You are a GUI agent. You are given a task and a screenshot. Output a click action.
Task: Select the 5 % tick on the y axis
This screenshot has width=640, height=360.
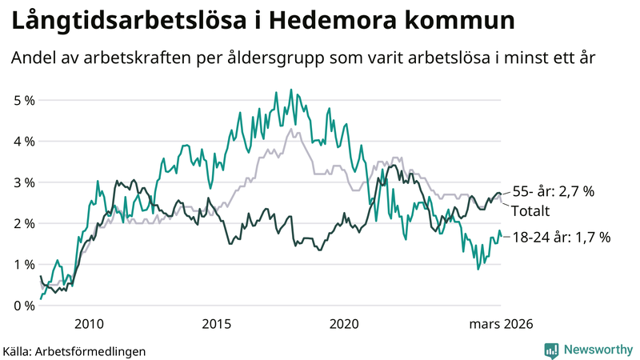coord(23,100)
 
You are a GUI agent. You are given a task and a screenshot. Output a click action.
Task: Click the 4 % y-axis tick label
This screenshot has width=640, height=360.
coord(23,141)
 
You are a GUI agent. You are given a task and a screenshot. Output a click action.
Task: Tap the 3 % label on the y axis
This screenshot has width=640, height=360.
coord(23,182)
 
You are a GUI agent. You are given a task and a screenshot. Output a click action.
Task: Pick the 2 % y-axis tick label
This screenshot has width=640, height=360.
coord(23,223)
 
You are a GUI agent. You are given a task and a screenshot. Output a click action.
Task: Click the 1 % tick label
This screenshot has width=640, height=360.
coord(23,264)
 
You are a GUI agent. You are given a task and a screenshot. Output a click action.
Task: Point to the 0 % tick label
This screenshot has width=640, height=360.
coord(23,306)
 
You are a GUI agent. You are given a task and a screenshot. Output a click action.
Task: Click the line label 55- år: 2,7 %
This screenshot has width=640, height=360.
coord(554,192)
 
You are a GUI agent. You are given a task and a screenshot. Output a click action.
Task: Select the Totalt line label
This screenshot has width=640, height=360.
coord(532,211)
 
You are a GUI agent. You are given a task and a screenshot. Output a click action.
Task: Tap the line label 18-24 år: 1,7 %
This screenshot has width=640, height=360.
coord(562,237)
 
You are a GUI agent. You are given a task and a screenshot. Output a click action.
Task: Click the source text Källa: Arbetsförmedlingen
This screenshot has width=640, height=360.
coord(74,350)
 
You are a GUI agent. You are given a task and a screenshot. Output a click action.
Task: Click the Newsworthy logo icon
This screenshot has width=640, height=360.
coord(551,350)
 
